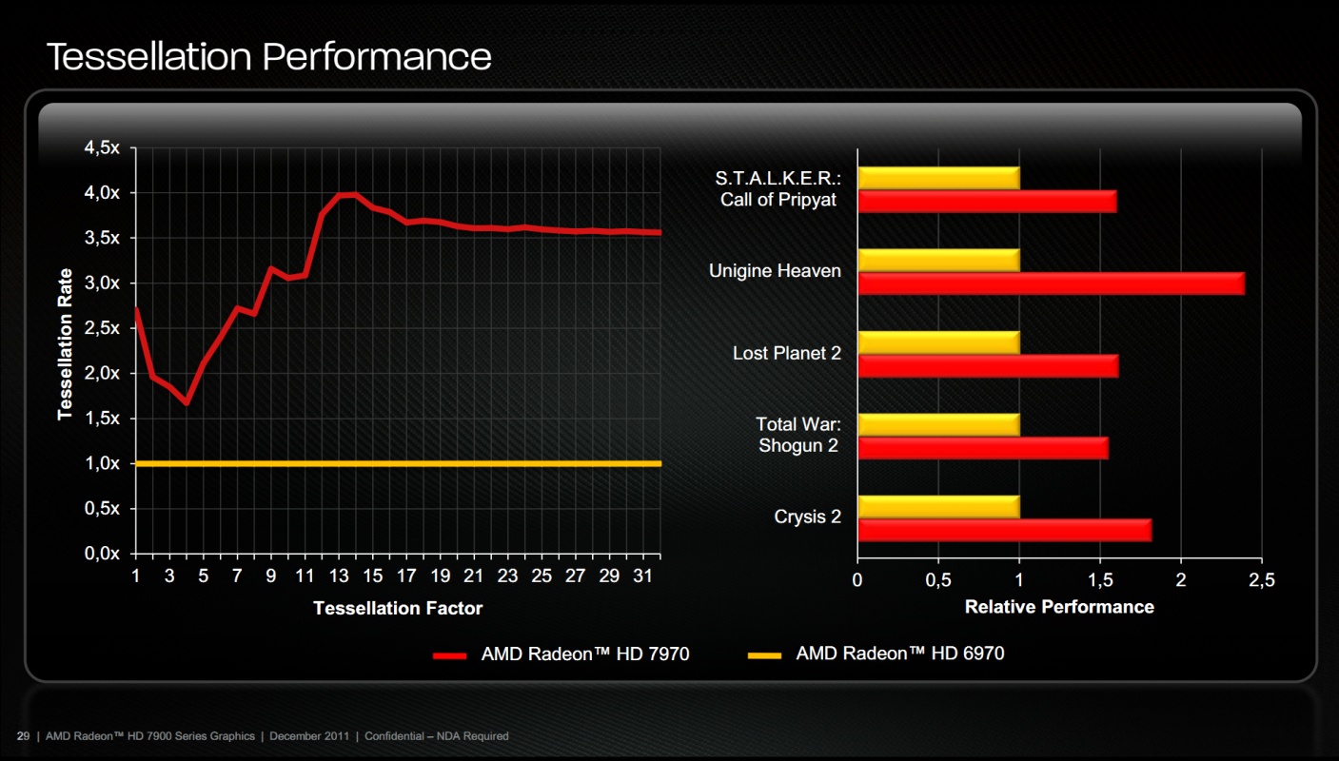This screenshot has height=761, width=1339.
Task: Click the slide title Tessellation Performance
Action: tap(268, 56)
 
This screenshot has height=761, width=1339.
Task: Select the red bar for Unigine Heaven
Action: tap(1051, 283)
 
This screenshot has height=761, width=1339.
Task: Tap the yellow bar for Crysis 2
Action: tap(938, 506)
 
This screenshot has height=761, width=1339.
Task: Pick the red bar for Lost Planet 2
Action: tap(988, 365)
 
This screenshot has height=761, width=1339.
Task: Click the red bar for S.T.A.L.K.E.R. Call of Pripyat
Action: tap(987, 201)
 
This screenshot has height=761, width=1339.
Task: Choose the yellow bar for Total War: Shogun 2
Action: tap(938, 424)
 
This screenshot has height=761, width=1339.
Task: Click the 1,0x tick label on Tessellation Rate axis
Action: tap(100, 464)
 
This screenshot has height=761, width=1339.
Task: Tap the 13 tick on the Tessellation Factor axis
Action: tap(338, 576)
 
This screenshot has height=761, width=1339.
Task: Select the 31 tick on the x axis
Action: tap(642, 576)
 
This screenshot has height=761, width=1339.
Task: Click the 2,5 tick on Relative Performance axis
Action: tap(1262, 580)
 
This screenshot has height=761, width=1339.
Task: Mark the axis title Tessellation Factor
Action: tap(398, 608)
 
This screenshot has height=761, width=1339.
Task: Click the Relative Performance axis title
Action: tap(1059, 607)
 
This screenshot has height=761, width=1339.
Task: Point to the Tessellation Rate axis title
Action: tap(66, 343)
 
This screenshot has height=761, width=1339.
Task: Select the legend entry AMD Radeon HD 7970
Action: tap(584, 654)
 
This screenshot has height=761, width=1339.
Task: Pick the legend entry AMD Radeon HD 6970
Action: tap(899, 654)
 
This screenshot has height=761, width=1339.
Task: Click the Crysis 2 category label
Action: tap(807, 517)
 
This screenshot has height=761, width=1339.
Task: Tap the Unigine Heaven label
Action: tap(775, 271)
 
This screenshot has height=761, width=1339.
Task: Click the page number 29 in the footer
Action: tap(23, 736)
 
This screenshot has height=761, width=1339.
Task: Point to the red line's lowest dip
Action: tap(187, 403)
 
